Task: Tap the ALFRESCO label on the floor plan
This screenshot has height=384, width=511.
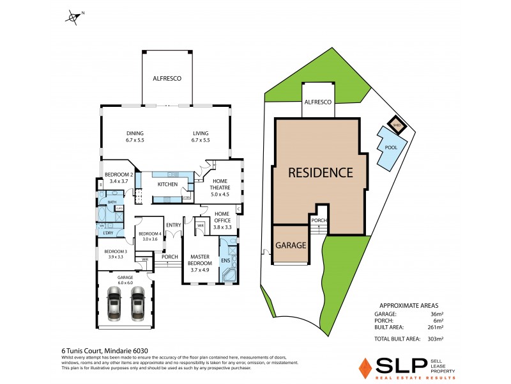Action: (x=167, y=78)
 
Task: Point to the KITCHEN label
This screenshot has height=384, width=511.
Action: (x=167, y=185)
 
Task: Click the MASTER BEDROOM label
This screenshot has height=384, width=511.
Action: (x=201, y=262)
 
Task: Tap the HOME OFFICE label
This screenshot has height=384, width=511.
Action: (x=222, y=217)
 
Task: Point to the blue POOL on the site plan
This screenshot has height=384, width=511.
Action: (x=390, y=147)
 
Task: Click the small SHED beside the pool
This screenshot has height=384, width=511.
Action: (x=396, y=125)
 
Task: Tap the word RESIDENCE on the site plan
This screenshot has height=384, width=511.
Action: (x=320, y=172)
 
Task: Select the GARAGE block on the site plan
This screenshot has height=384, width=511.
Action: (x=291, y=244)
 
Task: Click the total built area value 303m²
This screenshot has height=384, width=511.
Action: (x=436, y=339)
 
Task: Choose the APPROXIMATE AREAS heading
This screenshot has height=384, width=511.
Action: (x=409, y=306)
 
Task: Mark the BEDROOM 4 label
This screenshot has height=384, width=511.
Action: (x=149, y=235)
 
